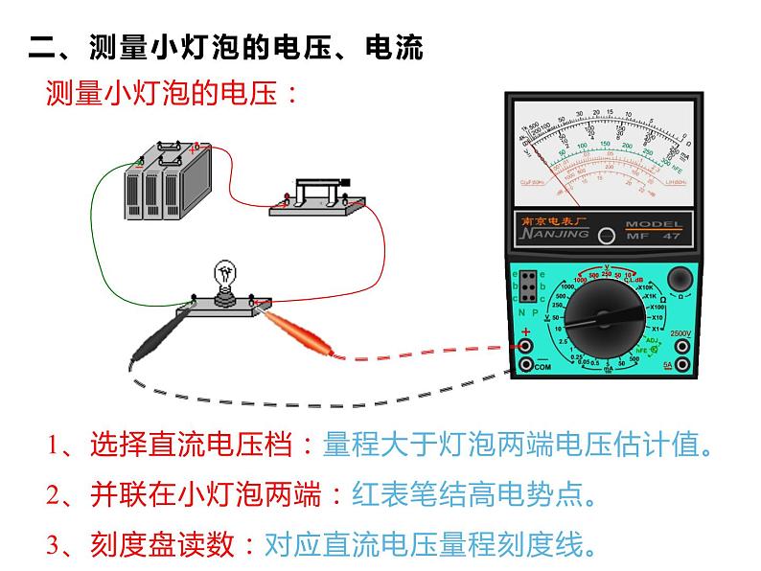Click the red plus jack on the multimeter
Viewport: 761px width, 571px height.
click(525, 346)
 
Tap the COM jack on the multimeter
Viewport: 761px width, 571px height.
click(525, 365)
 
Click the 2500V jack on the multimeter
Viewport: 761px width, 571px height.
click(681, 346)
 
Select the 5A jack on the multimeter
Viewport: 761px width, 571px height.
click(681, 365)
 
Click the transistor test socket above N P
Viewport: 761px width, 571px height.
click(527, 285)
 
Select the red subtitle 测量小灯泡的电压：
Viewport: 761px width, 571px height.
click(173, 93)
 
